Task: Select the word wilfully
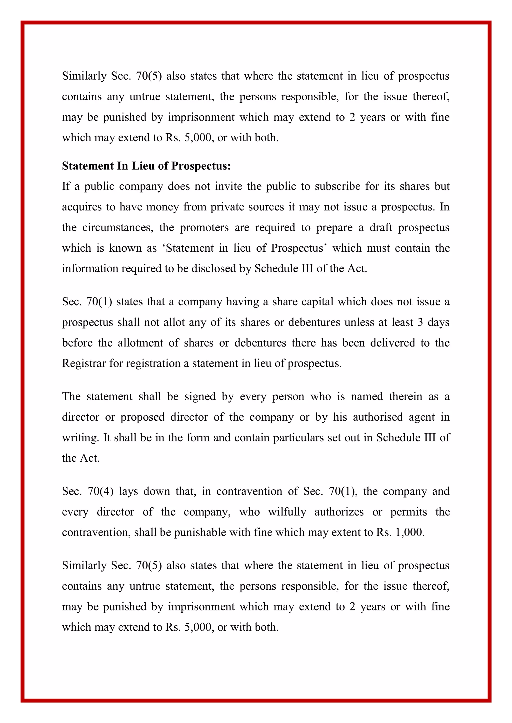point(287,512)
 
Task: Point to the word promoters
point(204,227)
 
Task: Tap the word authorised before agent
point(378,417)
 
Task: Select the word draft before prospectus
point(380,227)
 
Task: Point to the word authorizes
point(339,512)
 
